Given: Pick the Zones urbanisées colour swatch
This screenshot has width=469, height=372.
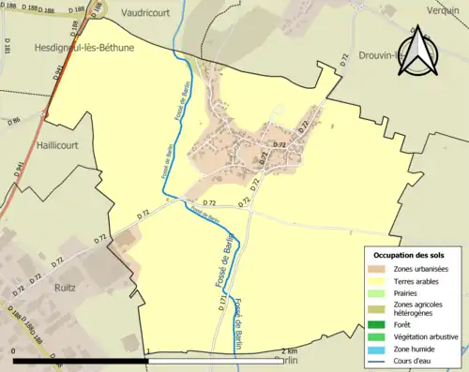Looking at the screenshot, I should click(x=379, y=269).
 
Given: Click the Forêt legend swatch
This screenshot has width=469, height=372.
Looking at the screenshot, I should click(x=379, y=324).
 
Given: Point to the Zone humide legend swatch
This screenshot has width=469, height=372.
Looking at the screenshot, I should click(x=379, y=349).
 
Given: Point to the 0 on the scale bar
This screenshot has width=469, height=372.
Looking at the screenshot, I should click(x=14, y=350).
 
